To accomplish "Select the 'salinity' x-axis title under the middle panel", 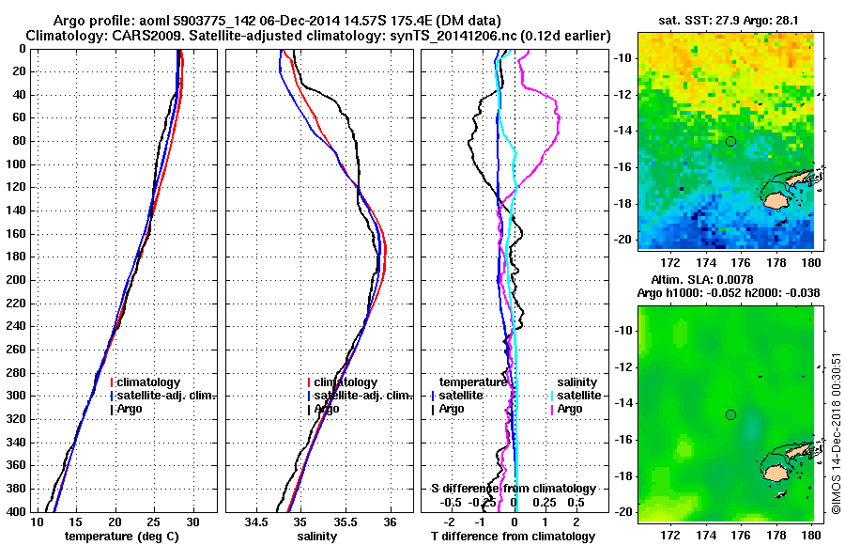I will (316, 537).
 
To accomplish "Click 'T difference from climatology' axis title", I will (513, 537).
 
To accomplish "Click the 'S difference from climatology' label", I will (513, 489).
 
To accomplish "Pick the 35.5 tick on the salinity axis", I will (344, 522).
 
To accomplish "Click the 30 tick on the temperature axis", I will (192, 522).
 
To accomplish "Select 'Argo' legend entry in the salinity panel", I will (326, 409).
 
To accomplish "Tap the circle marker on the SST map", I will (730, 141).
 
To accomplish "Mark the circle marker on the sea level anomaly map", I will (730, 414).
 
